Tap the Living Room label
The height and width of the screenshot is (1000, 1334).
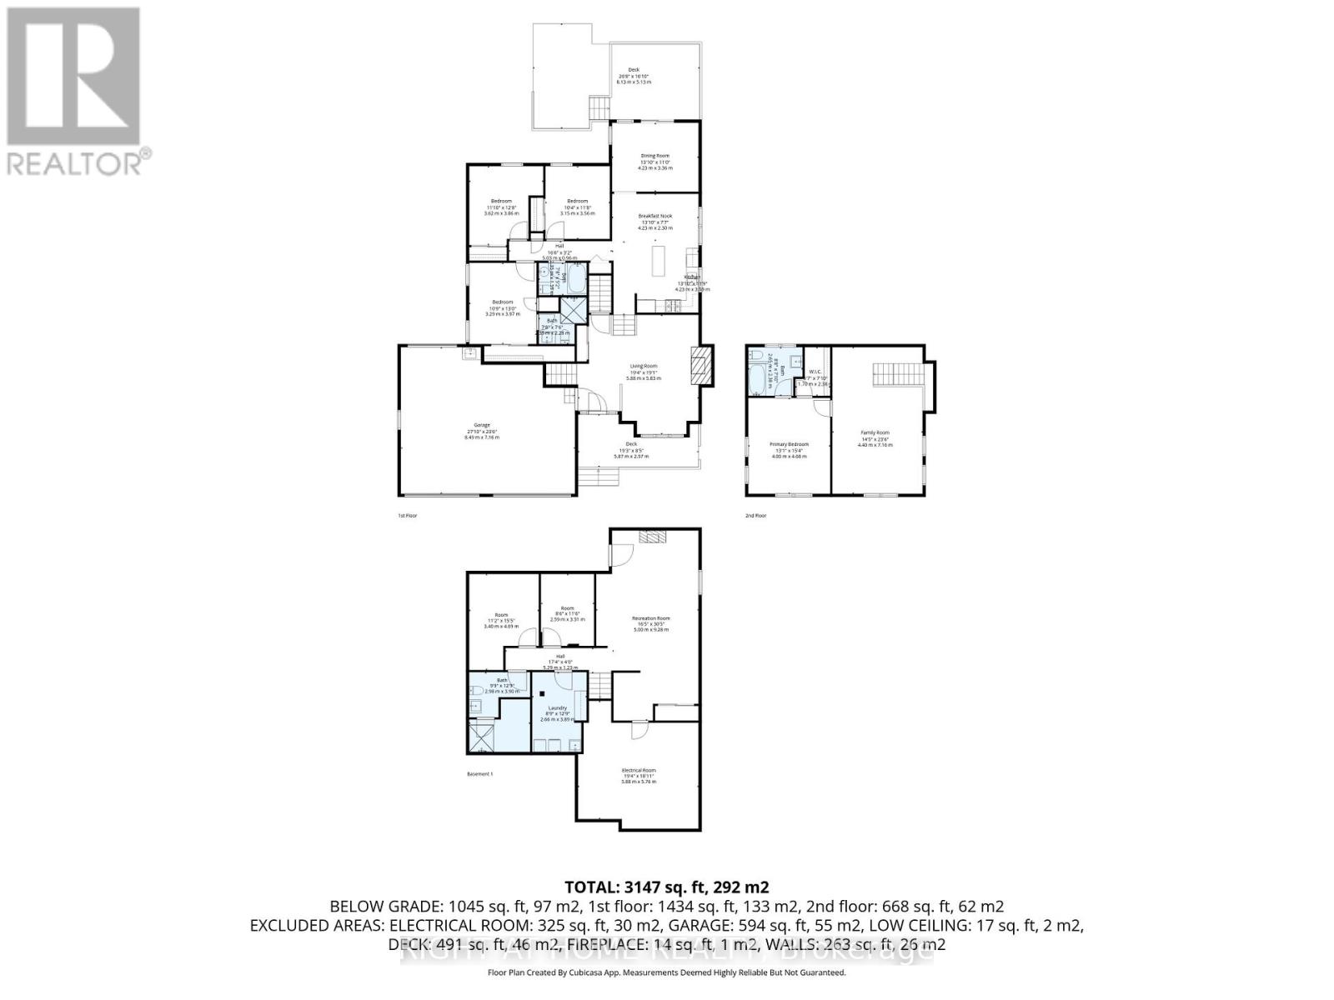pos(643,372)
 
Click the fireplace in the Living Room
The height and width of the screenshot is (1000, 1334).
pos(701,365)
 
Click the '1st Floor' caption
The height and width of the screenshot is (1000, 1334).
pos(407,516)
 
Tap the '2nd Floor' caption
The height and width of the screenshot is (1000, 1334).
pos(755,516)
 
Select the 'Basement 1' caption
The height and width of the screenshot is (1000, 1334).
pos(479,774)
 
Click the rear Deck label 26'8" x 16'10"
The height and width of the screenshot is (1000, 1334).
pos(633,76)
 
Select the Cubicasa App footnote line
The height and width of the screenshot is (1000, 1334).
pos(666,972)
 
